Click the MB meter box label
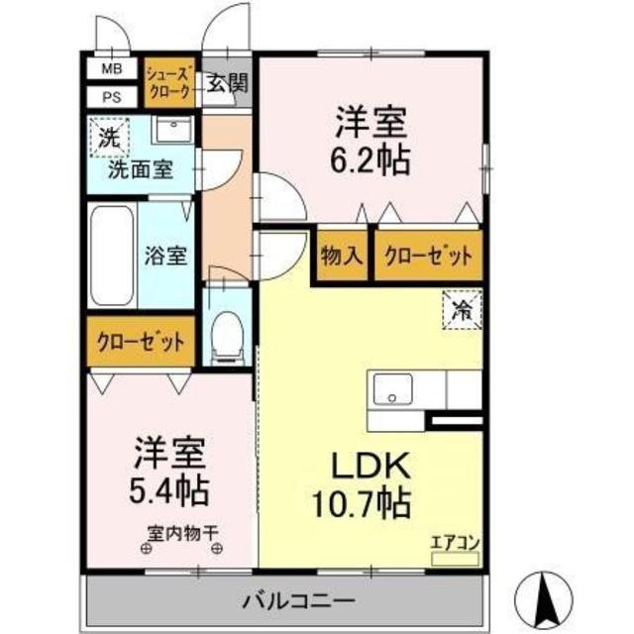pos(112,68)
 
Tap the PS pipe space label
pos(112,97)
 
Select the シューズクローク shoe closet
pos(169,83)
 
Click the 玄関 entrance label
pos(227,84)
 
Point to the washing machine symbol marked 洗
pos(110,138)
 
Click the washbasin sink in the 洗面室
pos(174,129)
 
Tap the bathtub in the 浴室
pos(112,256)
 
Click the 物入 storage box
pos(342,256)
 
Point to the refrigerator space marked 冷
pos(463,310)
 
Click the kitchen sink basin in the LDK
pos(392,389)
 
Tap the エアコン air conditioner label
pos(456,543)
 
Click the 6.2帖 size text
pos(370,159)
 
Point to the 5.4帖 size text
pos(168,490)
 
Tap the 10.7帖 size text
pos(362,504)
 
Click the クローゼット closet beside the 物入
pos(429,256)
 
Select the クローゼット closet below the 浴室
pos(141,342)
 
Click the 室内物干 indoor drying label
pos(182,534)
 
